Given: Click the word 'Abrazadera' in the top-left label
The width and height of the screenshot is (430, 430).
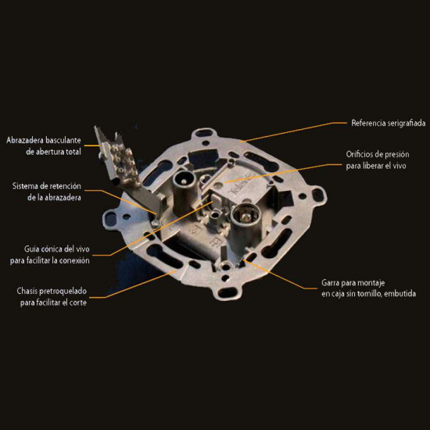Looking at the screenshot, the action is [25, 140].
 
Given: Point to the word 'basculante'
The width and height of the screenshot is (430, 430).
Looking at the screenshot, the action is [63, 140].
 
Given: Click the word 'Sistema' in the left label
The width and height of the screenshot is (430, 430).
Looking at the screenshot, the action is [25, 186].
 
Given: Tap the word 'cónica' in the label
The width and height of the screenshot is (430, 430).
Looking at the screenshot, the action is [52, 249].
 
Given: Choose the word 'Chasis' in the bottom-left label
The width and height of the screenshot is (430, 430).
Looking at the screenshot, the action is [27, 291].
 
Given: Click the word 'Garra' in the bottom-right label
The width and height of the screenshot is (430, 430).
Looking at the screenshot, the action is [331, 282].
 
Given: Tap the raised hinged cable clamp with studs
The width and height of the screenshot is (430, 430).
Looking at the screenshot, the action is [120, 159].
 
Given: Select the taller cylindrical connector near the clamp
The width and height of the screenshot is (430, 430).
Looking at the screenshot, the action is [183, 192].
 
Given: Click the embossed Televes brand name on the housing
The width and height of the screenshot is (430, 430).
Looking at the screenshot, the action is [242, 183].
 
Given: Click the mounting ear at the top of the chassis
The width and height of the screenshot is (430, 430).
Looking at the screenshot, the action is [204, 134].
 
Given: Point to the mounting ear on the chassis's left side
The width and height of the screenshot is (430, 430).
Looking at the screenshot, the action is [112, 219].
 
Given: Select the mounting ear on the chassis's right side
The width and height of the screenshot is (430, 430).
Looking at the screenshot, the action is [317, 195].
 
